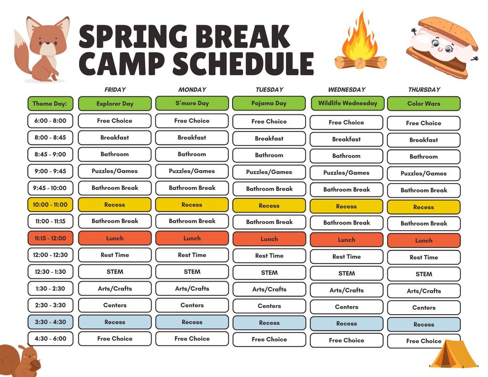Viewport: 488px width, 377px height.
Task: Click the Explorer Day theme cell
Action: pyautogui.click(x=115, y=103)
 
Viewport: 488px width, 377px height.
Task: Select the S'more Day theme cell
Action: pyautogui.click(x=192, y=103)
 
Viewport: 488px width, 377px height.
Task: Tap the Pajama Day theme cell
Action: pyautogui.click(x=269, y=103)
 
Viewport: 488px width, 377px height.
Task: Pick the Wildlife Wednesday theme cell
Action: pyautogui.click(x=347, y=103)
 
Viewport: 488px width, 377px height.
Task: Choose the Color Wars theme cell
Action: pyautogui.click(x=424, y=103)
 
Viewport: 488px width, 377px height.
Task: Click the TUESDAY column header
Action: pyautogui.click(x=269, y=90)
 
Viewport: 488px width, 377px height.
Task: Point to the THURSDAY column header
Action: pyautogui.click(x=424, y=90)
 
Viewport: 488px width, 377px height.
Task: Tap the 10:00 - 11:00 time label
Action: pyautogui.click(x=50, y=205)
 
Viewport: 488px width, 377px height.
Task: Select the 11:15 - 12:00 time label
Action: pyautogui.click(x=50, y=238)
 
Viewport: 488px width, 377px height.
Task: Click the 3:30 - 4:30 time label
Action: pyautogui.click(x=50, y=322)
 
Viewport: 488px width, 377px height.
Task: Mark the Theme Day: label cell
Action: pyautogui.click(x=50, y=103)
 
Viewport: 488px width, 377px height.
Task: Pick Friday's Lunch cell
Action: pyautogui.click(x=115, y=238)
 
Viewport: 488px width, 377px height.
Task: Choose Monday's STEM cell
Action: pyautogui.click(x=192, y=272)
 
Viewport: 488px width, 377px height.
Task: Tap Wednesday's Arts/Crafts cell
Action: pyautogui.click(x=346, y=290)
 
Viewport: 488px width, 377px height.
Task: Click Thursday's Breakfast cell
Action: pyautogui.click(x=424, y=140)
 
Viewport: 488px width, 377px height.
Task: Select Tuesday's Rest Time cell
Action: pyautogui.click(x=269, y=256)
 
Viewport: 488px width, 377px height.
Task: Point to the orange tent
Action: pyautogui.click(x=453, y=355)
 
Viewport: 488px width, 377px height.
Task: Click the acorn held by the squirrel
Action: pyautogui.click(x=35, y=365)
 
